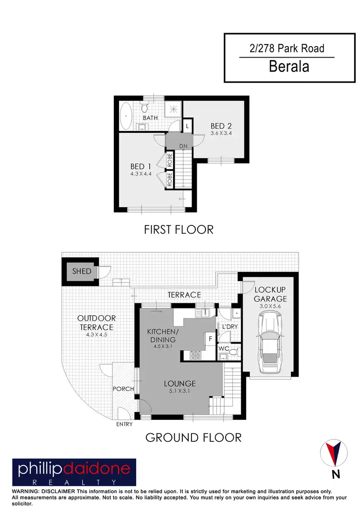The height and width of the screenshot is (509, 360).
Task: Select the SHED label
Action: (x=81, y=271)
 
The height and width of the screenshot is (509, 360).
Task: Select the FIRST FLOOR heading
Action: (x=179, y=230)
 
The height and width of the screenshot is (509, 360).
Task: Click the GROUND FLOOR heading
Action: (x=193, y=437)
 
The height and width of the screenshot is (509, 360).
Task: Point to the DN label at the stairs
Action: (x=183, y=145)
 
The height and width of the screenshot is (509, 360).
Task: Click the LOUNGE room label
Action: (x=179, y=383)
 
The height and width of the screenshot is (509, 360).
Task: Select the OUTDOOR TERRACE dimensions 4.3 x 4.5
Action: (x=96, y=335)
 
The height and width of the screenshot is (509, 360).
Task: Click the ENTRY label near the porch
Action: (x=124, y=424)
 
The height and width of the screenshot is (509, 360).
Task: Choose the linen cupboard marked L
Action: (x=187, y=126)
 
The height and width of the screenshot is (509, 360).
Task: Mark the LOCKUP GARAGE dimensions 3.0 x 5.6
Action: (x=270, y=305)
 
